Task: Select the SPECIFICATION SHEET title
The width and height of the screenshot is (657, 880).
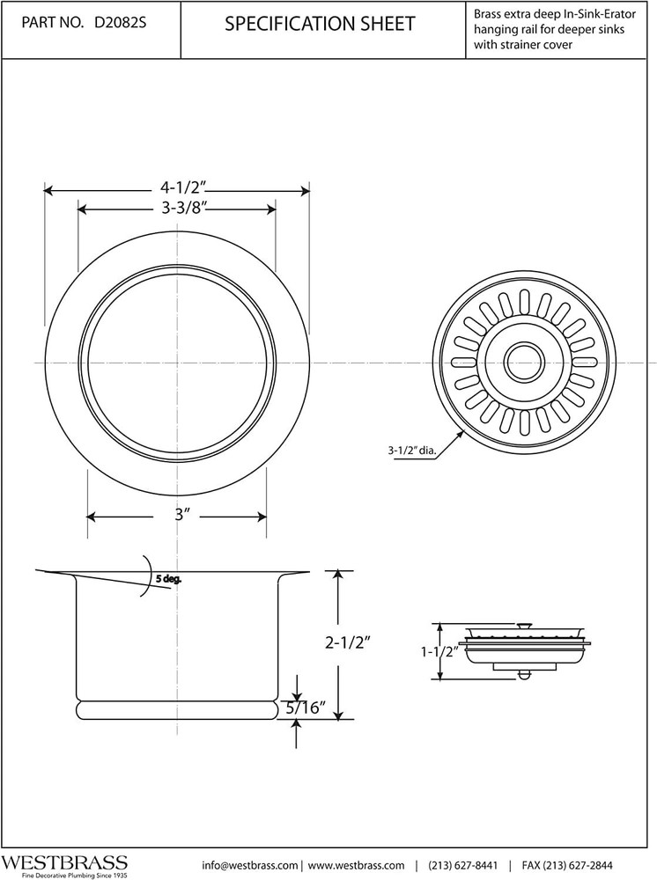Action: click(x=320, y=25)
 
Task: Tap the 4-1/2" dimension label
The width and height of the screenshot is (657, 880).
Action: click(x=182, y=187)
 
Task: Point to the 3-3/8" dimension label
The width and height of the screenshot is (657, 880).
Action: click(x=183, y=208)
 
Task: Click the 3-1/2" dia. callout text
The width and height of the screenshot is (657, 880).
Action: click(x=411, y=451)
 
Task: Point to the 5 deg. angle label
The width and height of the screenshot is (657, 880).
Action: click(x=167, y=579)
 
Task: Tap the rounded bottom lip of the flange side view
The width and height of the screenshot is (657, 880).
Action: click(x=173, y=708)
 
